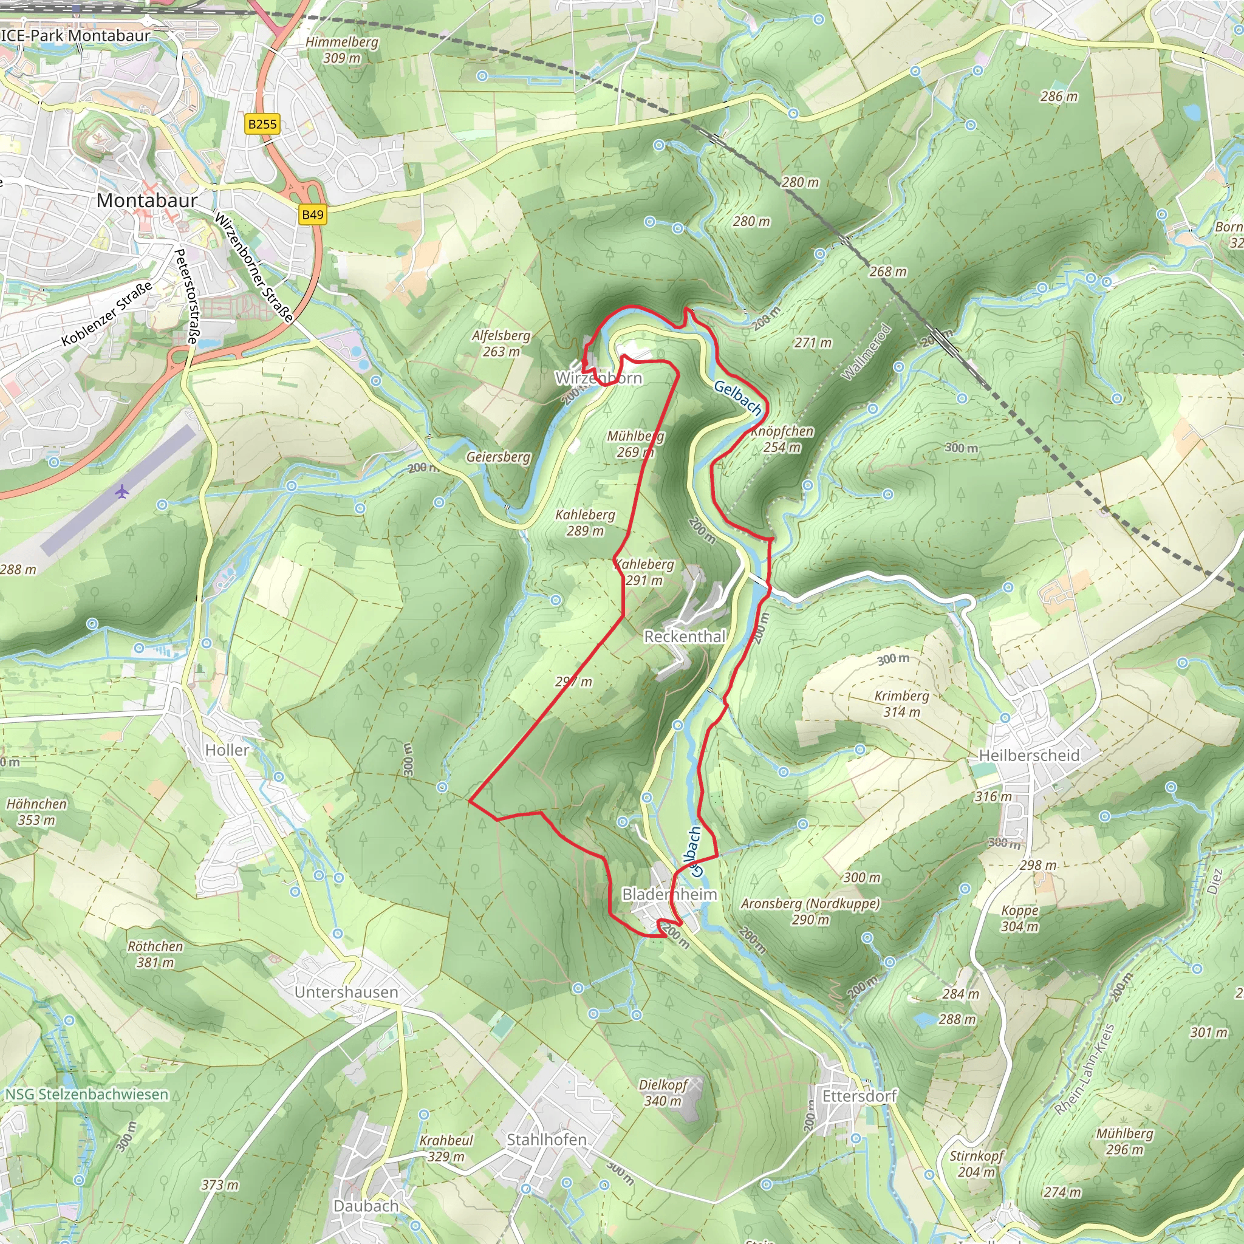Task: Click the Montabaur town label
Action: coord(147,200)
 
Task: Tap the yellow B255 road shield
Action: coord(262,124)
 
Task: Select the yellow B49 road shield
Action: coord(312,214)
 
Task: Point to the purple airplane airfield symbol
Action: coord(122,493)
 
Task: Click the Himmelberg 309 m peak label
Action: coord(342,50)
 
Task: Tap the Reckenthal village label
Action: coord(685,636)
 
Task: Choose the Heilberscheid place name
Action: coord(1029,755)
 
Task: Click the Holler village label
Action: coord(227,750)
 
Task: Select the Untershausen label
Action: coord(346,993)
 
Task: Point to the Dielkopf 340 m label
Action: coord(663,1092)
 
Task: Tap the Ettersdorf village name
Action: coord(859,1096)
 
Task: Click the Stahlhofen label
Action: coord(547,1140)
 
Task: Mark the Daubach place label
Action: coord(366,1205)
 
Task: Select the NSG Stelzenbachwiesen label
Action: coord(86,1095)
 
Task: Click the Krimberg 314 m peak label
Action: coord(901,704)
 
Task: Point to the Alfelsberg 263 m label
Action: coord(501,343)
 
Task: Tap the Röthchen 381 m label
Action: coord(155,954)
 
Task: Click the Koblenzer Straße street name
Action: coord(108,313)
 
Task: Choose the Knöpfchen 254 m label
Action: coord(782,439)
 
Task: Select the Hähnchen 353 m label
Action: coord(36,812)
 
